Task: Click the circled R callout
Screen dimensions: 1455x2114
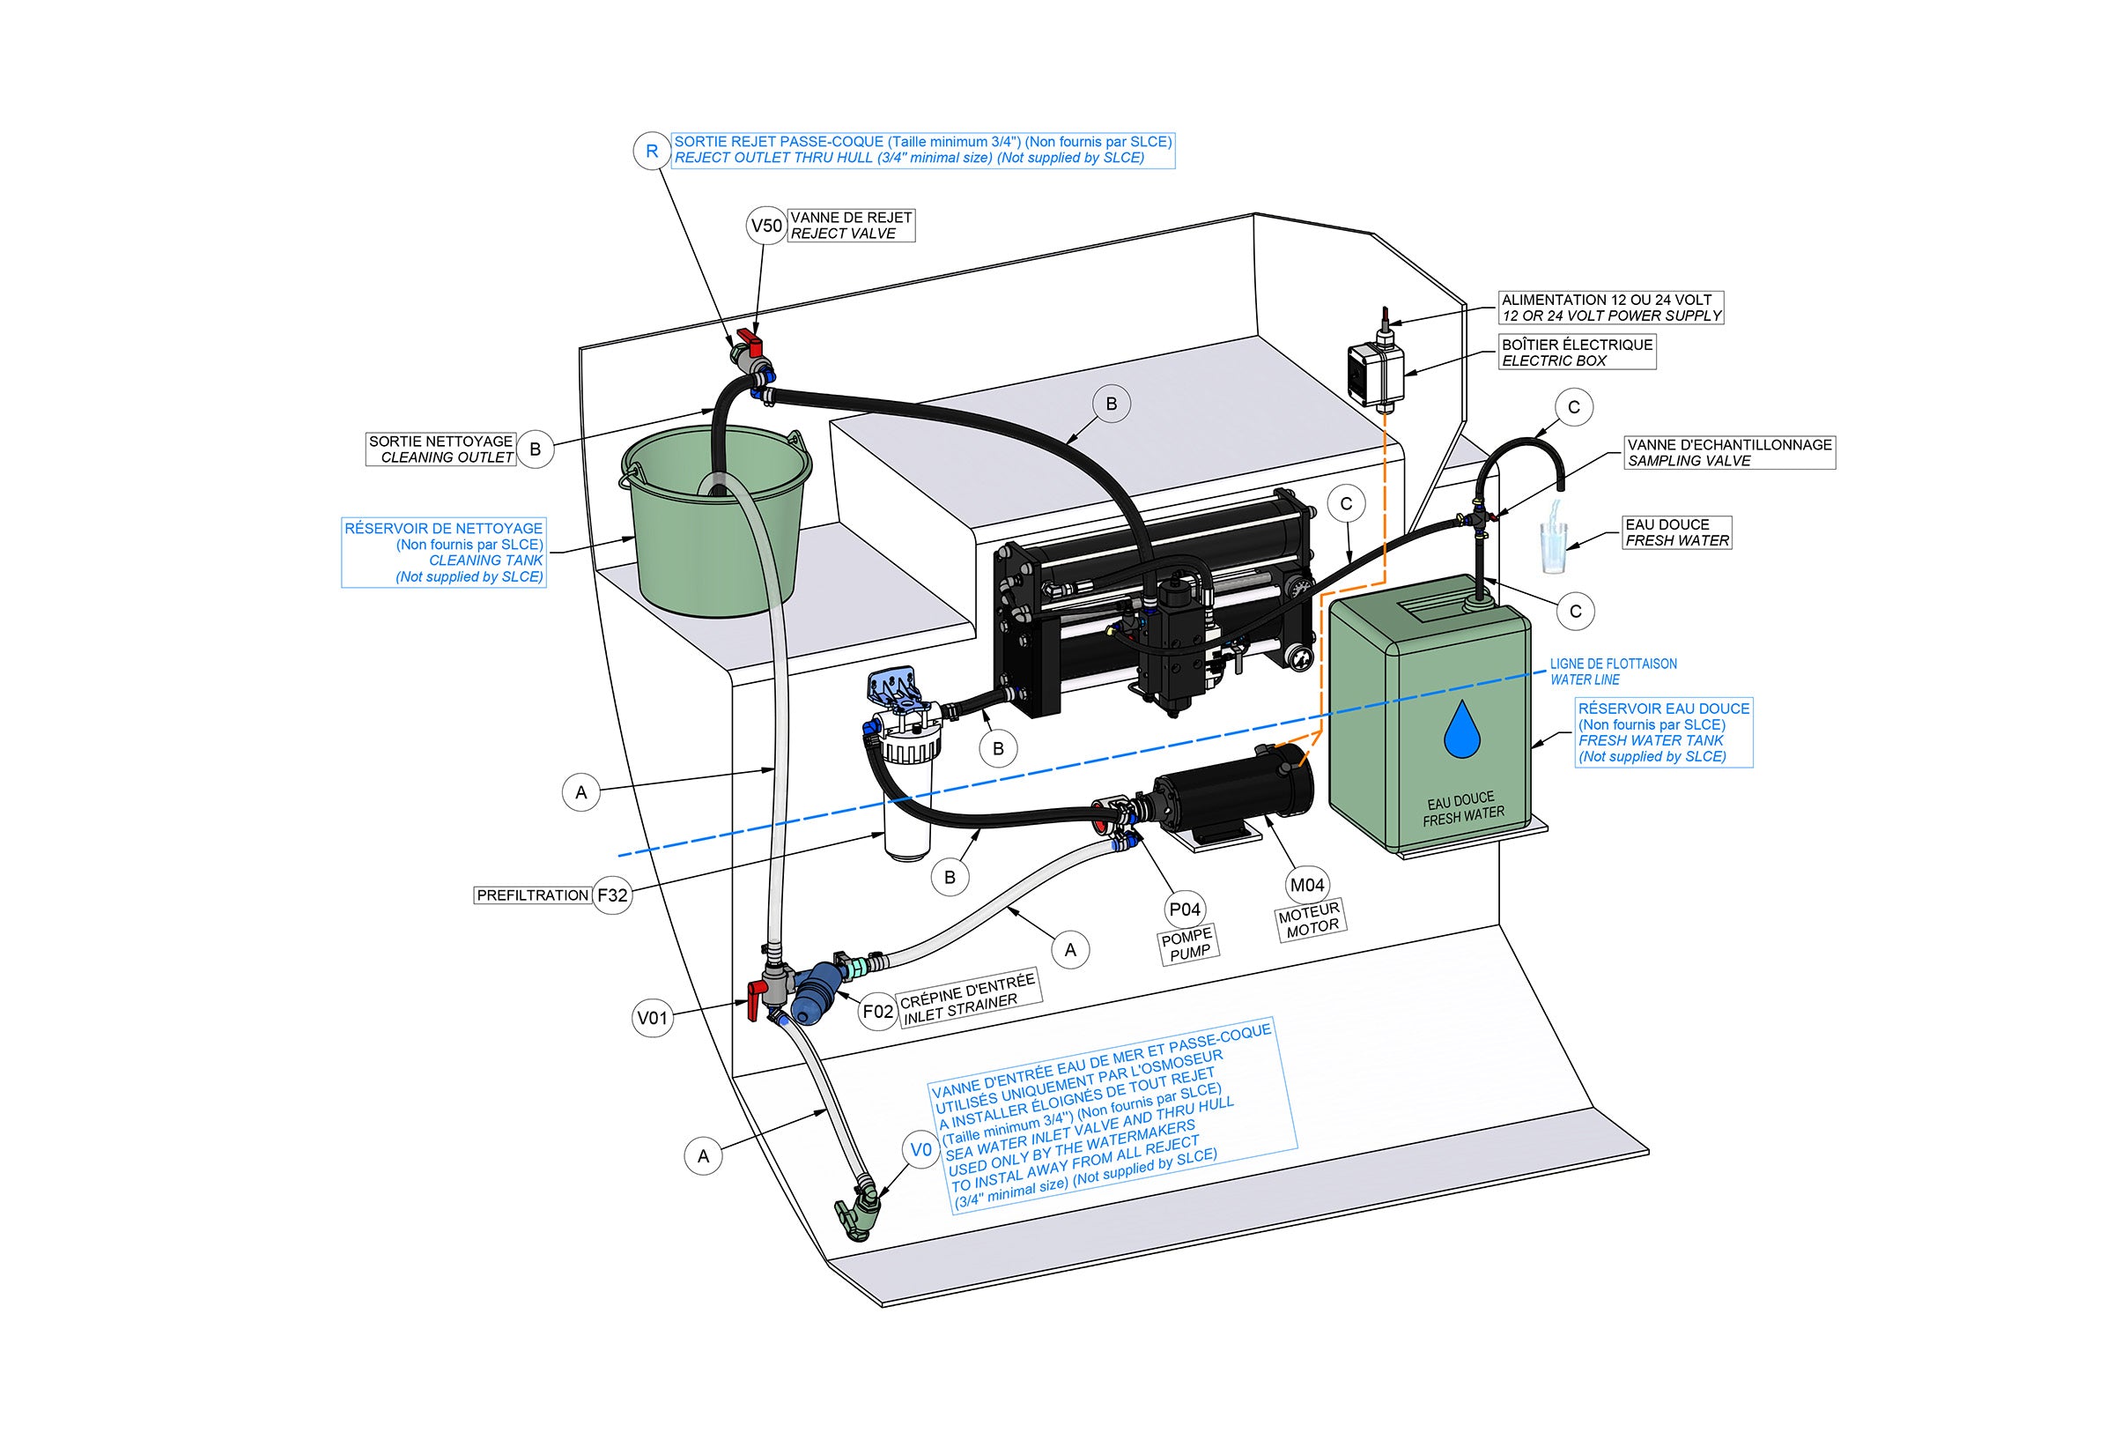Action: [x=652, y=152]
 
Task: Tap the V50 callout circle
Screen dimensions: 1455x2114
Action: [x=766, y=226]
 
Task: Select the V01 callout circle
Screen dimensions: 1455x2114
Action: [x=653, y=1017]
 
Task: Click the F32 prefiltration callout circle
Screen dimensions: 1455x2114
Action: [x=612, y=895]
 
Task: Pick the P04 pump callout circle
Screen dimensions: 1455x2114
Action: [x=1185, y=909]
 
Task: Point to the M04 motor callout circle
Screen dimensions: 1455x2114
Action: [x=1306, y=884]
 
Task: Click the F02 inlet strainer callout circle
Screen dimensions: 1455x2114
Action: [x=878, y=1011]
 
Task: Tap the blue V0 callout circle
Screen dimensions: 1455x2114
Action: [x=921, y=1149]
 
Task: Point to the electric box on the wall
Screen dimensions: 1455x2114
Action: [x=1374, y=371]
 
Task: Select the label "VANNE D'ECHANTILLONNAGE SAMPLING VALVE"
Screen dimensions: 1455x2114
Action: [x=1729, y=452]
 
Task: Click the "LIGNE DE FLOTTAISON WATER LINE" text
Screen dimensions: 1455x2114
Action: [x=1613, y=672]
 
